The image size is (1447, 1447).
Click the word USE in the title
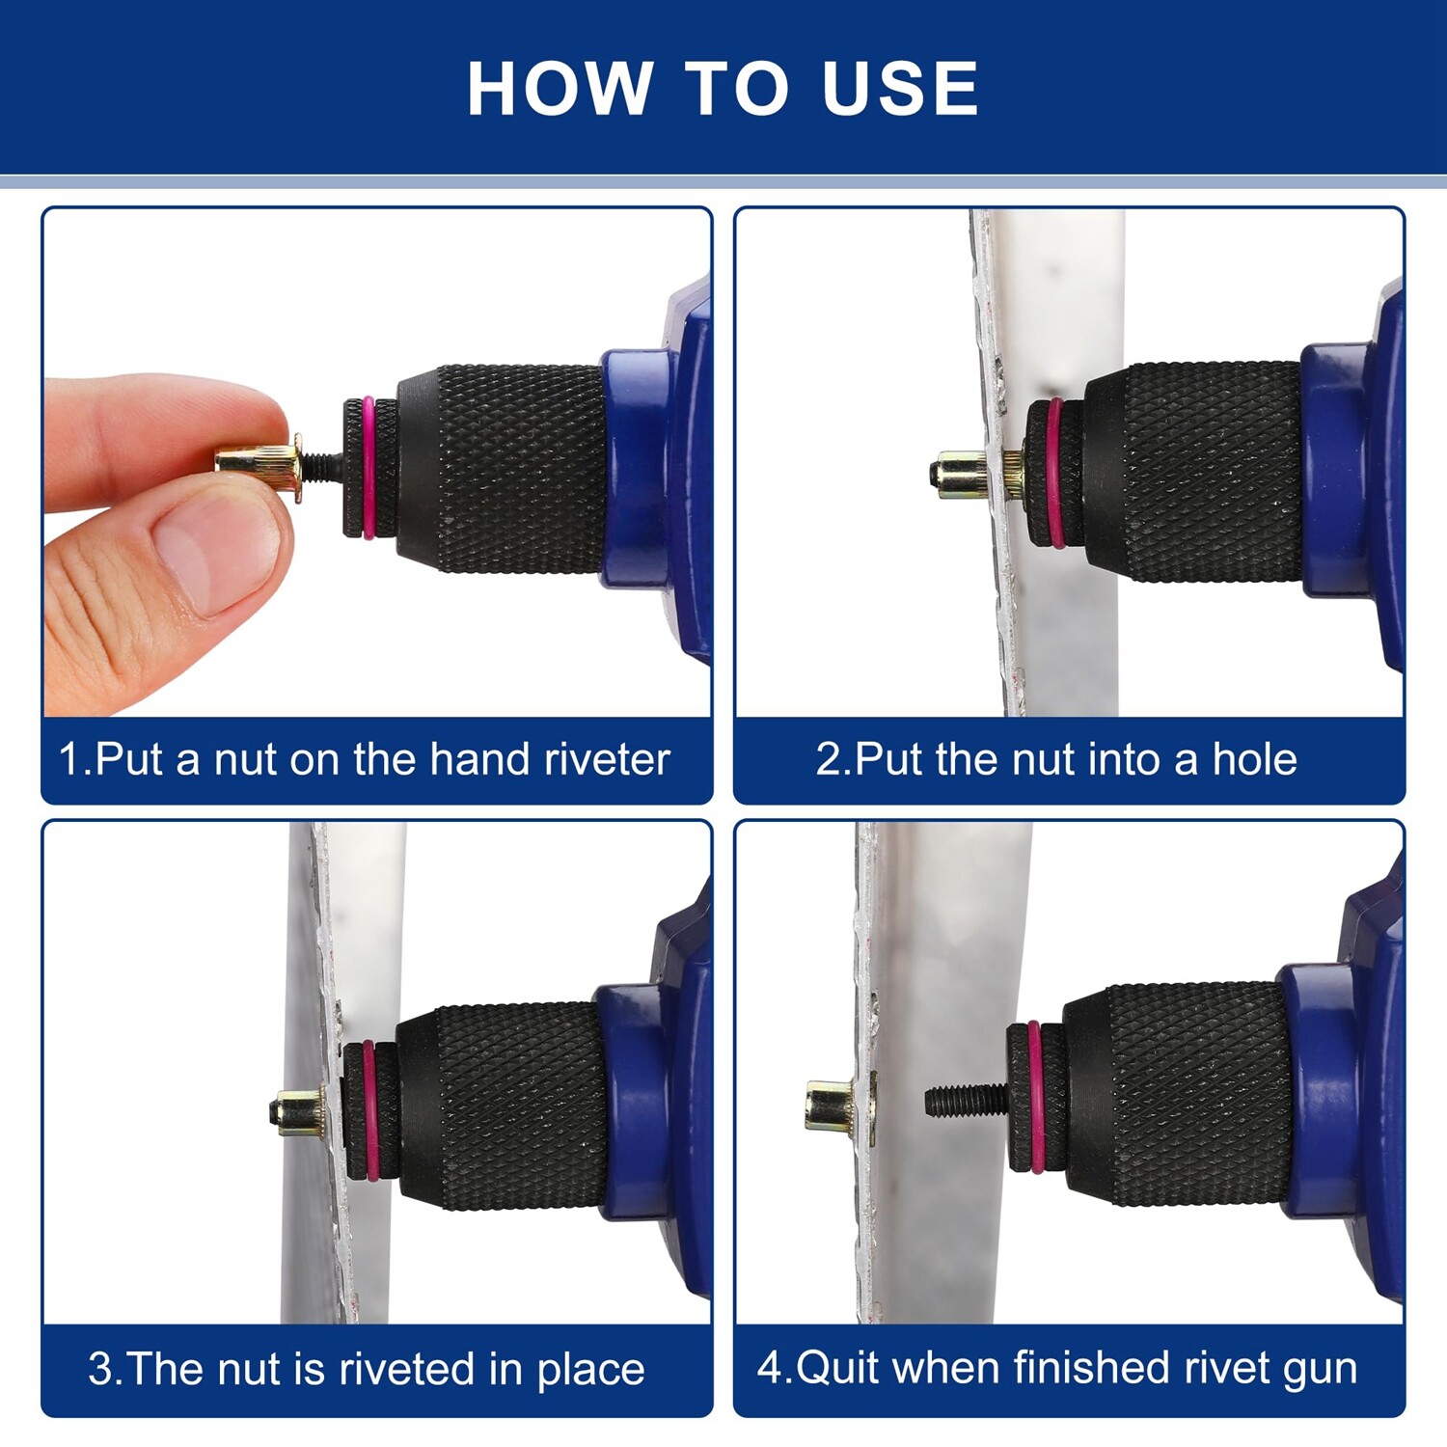[x=900, y=89]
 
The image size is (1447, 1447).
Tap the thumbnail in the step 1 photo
[x=213, y=557]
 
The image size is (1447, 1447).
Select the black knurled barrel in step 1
[x=502, y=468]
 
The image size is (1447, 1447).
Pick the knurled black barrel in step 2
[x=1196, y=473]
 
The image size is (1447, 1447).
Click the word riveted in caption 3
[x=409, y=1369]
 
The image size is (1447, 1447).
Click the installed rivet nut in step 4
[x=840, y=1106]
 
